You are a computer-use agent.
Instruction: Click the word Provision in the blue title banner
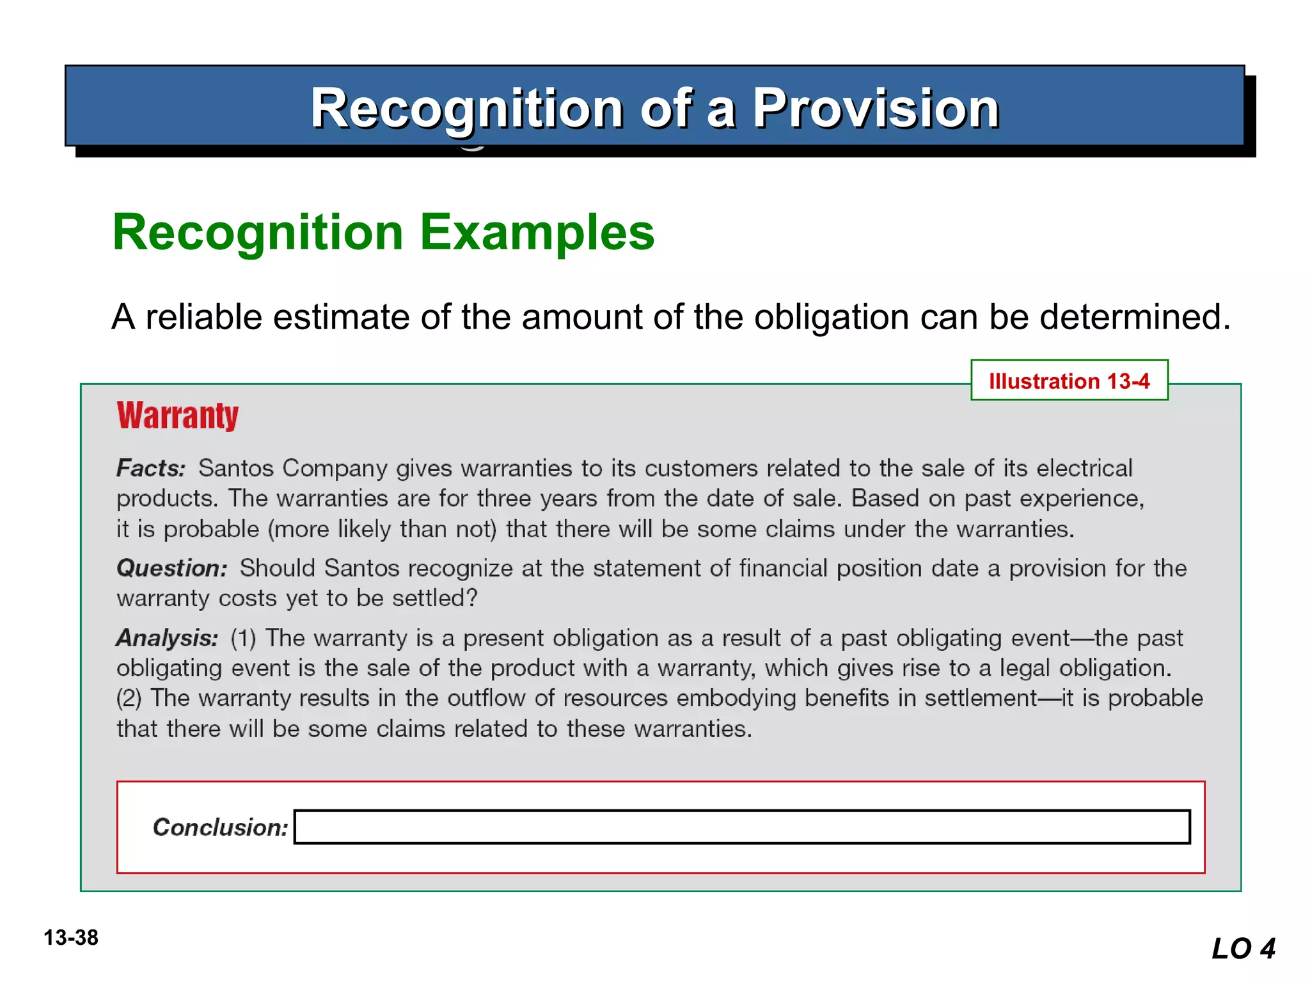coord(875,109)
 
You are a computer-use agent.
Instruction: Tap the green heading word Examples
coord(537,232)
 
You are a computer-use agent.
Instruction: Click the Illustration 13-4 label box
coord(1069,380)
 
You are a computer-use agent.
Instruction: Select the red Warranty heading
coord(177,416)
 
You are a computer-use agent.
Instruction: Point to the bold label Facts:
coord(151,469)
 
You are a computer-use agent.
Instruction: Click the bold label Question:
coord(171,568)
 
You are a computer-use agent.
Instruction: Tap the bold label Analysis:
coord(167,638)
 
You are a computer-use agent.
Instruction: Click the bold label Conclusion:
coord(220,827)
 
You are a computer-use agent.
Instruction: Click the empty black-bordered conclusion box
coord(742,827)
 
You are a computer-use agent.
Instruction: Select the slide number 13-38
coord(71,938)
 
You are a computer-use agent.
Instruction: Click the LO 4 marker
coord(1243,948)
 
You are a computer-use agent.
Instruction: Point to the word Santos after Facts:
coord(236,469)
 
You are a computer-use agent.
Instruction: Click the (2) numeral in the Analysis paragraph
coord(129,698)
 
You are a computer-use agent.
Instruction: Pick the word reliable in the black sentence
coord(204,317)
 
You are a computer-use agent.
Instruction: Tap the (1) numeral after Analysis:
coord(243,638)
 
